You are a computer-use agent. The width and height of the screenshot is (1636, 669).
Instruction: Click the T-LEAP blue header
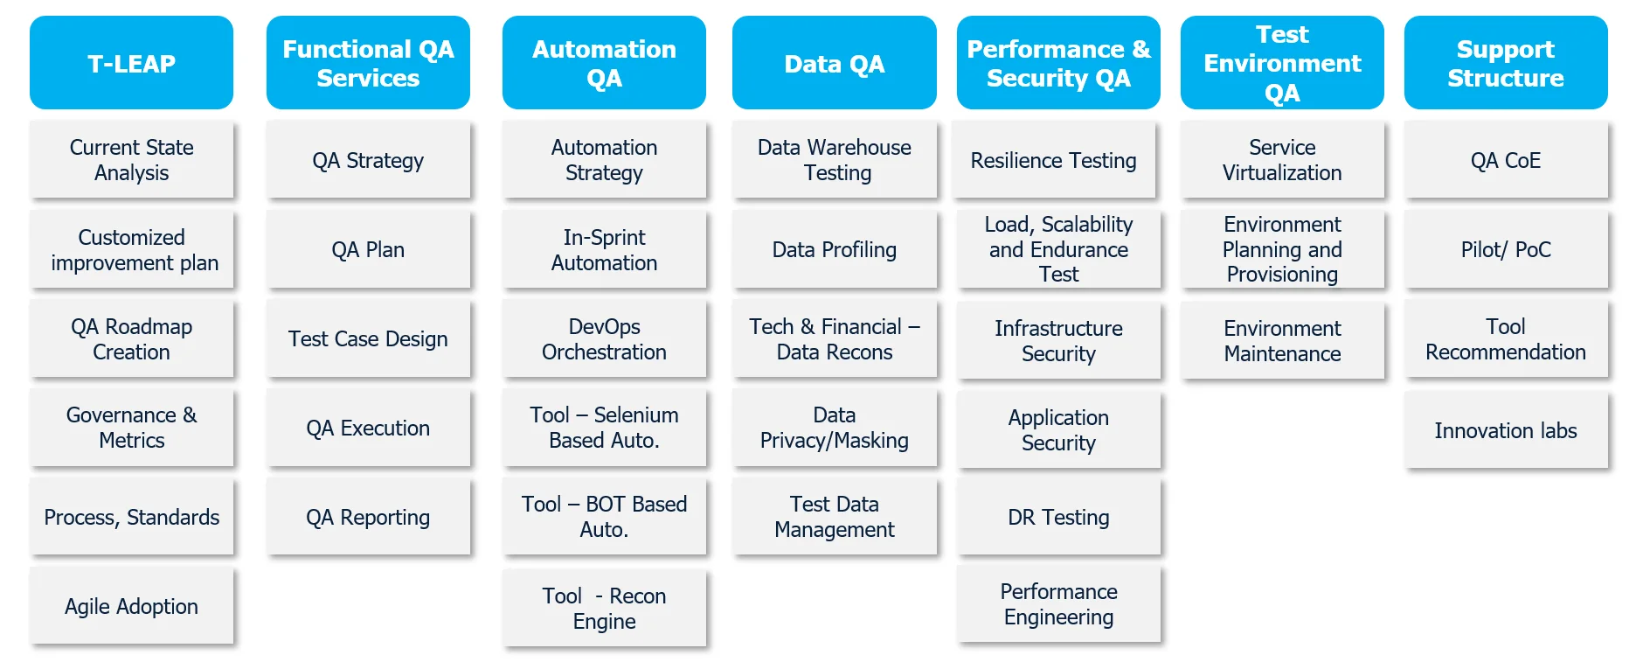pos(131,63)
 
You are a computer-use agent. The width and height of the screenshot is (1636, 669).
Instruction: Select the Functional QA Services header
pos(368,63)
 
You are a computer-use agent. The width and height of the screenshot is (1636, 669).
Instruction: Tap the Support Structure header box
pos(1505,63)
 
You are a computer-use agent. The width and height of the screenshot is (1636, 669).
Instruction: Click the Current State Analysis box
pos(131,160)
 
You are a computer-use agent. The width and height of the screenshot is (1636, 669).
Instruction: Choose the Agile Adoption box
pos(131,606)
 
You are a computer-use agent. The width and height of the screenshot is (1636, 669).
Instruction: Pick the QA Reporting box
pos(368,517)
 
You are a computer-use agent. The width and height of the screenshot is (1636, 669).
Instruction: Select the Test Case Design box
pos(368,338)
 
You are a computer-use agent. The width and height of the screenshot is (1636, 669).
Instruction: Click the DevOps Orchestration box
pos(604,338)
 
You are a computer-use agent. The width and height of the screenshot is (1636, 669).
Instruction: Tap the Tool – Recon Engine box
pos(604,608)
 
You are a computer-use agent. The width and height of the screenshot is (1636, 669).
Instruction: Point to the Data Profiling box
pos(834,249)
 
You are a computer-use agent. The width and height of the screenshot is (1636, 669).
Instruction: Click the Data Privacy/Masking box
pos(834,428)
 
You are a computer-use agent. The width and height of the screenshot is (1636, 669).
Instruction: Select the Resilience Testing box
pos(1053,160)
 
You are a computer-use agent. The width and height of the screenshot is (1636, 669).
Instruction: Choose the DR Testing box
pos(1058,517)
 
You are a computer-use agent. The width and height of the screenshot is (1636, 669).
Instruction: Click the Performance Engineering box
pos(1058,604)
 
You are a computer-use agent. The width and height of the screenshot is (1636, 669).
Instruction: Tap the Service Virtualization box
pos(1282,160)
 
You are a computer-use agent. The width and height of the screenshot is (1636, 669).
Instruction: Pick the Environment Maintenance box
pos(1282,340)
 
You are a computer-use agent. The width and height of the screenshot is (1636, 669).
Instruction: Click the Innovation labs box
pos(1505,430)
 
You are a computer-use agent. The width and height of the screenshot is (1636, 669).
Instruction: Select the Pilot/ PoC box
pos(1505,249)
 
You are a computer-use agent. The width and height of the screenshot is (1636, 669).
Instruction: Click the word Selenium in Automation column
pos(635,415)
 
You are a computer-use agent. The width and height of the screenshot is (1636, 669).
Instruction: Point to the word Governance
pos(121,415)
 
